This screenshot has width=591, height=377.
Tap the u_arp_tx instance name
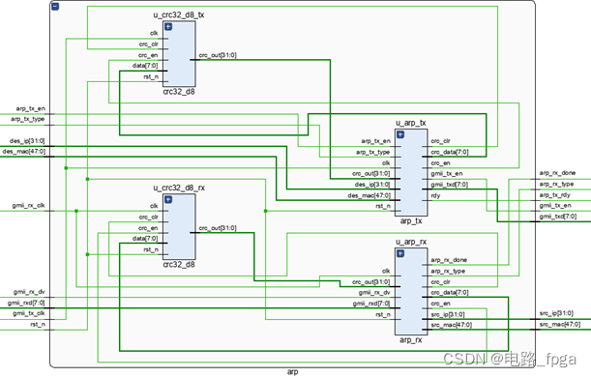pyautogui.click(x=410, y=124)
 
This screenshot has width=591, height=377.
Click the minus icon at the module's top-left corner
pyautogui.click(x=54, y=7)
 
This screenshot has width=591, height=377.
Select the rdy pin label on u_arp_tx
pyautogui.click(x=435, y=194)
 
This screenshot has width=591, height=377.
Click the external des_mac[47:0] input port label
pyautogui.click(x=24, y=151)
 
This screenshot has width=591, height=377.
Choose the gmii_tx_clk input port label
pyautogui.click(x=28, y=312)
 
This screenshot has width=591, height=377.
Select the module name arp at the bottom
pyautogui.click(x=293, y=371)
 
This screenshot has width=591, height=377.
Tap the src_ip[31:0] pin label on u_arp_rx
pyautogui.click(x=446, y=313)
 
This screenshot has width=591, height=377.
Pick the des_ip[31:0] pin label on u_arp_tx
pyautogui.click(x=373, y=184)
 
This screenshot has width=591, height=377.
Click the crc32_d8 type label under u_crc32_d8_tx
pyautogui.click(x=179, y=92)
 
